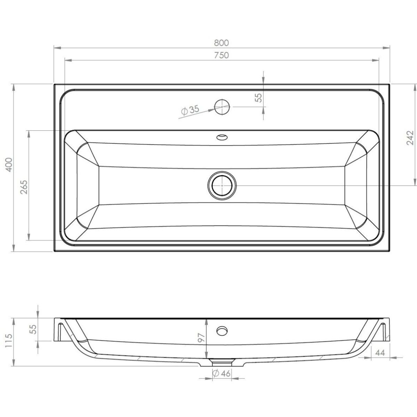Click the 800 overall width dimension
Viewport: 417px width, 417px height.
coord(221,43)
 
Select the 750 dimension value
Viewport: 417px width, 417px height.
coord(221,55)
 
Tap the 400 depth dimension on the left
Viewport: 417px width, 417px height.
coord(9,165)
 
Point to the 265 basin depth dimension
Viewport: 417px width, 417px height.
coord(24,187)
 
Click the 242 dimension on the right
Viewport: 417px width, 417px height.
coord(410,138)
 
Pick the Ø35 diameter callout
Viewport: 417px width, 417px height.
coord(190,110)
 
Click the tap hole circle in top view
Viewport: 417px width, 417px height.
coord(222,107)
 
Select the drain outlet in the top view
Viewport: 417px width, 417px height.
coord(222,186)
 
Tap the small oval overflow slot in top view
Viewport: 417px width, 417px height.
coord(222,137)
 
